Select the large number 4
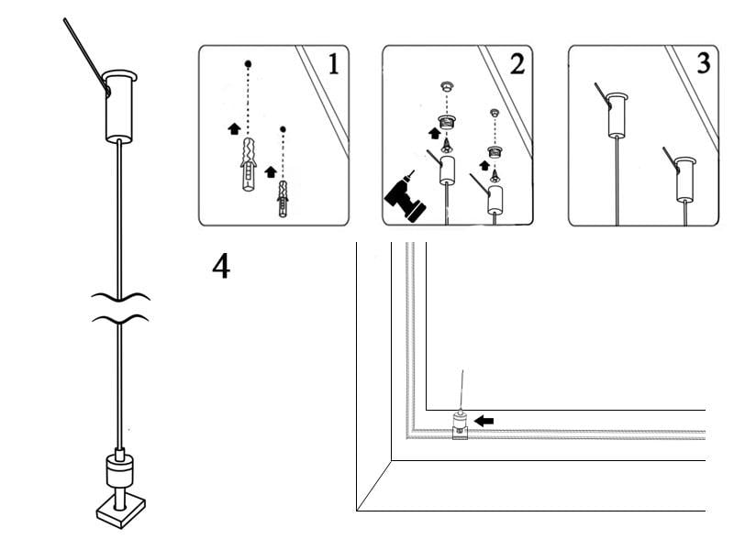tap(221, 267)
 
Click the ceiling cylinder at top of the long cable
tap(119, 105)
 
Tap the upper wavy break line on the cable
tap(119, 297)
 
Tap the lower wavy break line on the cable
tap(119, 319)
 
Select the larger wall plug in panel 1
tap(247, 165)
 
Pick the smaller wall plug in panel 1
tap(283, 198)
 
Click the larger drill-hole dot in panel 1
tap(248, 64)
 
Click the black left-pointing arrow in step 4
tap(484, 420)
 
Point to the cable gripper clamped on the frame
tap(459, 425)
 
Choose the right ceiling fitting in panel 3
tap(684, 180)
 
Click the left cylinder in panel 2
tap(448, 170)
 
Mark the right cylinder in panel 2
tap(495, 199)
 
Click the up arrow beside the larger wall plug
tap(233, 129)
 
